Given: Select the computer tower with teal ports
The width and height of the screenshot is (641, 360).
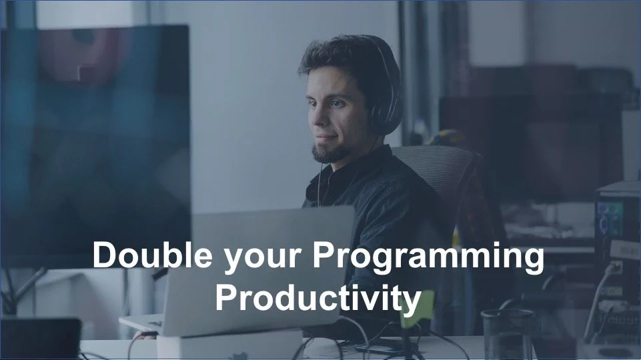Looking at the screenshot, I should point(617,253).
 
